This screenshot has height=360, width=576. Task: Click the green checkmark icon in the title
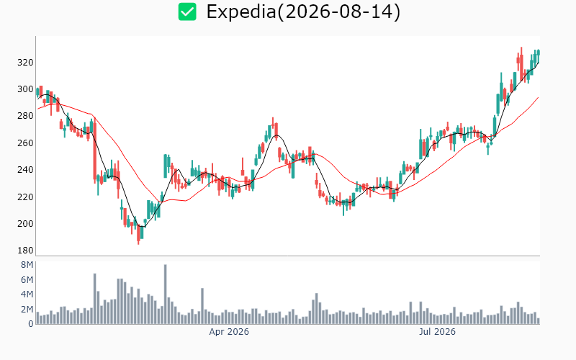187,12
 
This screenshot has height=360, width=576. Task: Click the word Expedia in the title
241,12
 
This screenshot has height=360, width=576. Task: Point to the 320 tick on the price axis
25,63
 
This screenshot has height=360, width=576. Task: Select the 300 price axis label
25,89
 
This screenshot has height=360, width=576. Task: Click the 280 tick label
25,116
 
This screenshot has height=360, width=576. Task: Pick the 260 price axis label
25,143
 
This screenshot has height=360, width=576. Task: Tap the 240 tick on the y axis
25,170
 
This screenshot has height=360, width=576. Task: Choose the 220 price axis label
25,197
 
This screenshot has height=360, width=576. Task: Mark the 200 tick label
25,224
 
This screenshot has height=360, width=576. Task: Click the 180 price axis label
25,251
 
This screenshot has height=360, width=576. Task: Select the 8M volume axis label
27,265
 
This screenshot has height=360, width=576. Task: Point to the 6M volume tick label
27,280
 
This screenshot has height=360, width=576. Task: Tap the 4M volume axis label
27,294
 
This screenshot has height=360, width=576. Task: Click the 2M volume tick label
27,310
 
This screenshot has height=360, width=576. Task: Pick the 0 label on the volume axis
31,324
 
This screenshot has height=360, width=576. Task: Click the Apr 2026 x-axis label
229,332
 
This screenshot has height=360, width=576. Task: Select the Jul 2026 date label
437,332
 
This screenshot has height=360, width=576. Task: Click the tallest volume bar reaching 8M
166,294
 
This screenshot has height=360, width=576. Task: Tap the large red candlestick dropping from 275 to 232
95,150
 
